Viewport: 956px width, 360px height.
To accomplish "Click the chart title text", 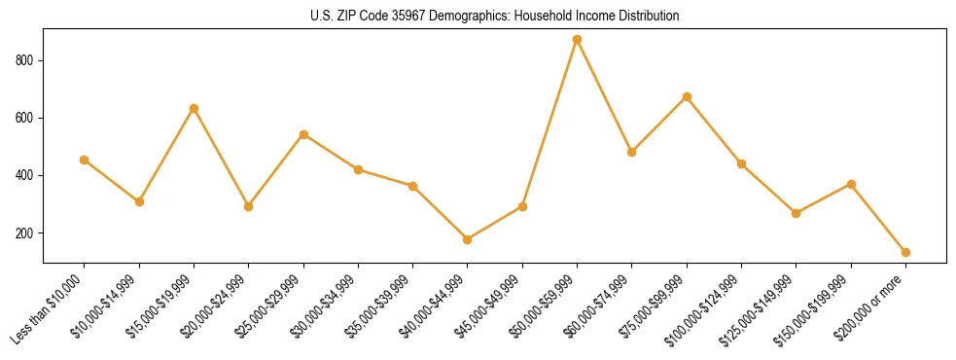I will (495, 17).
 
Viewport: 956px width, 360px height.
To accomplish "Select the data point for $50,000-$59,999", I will (577, 40).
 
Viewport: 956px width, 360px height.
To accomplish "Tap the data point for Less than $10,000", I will (85, 160).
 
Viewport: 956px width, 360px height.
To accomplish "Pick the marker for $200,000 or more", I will (905, 252).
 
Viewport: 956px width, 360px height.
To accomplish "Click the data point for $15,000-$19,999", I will (194, 108).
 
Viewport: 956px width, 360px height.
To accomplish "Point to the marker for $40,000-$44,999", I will (468, 239).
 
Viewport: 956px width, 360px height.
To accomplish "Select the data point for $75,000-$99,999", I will (687, 97).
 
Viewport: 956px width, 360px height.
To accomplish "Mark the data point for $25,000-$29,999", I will (303, 134).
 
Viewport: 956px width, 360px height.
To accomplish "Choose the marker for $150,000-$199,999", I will (851, 184).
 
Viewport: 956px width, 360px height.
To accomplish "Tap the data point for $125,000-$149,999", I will (796, 213).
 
